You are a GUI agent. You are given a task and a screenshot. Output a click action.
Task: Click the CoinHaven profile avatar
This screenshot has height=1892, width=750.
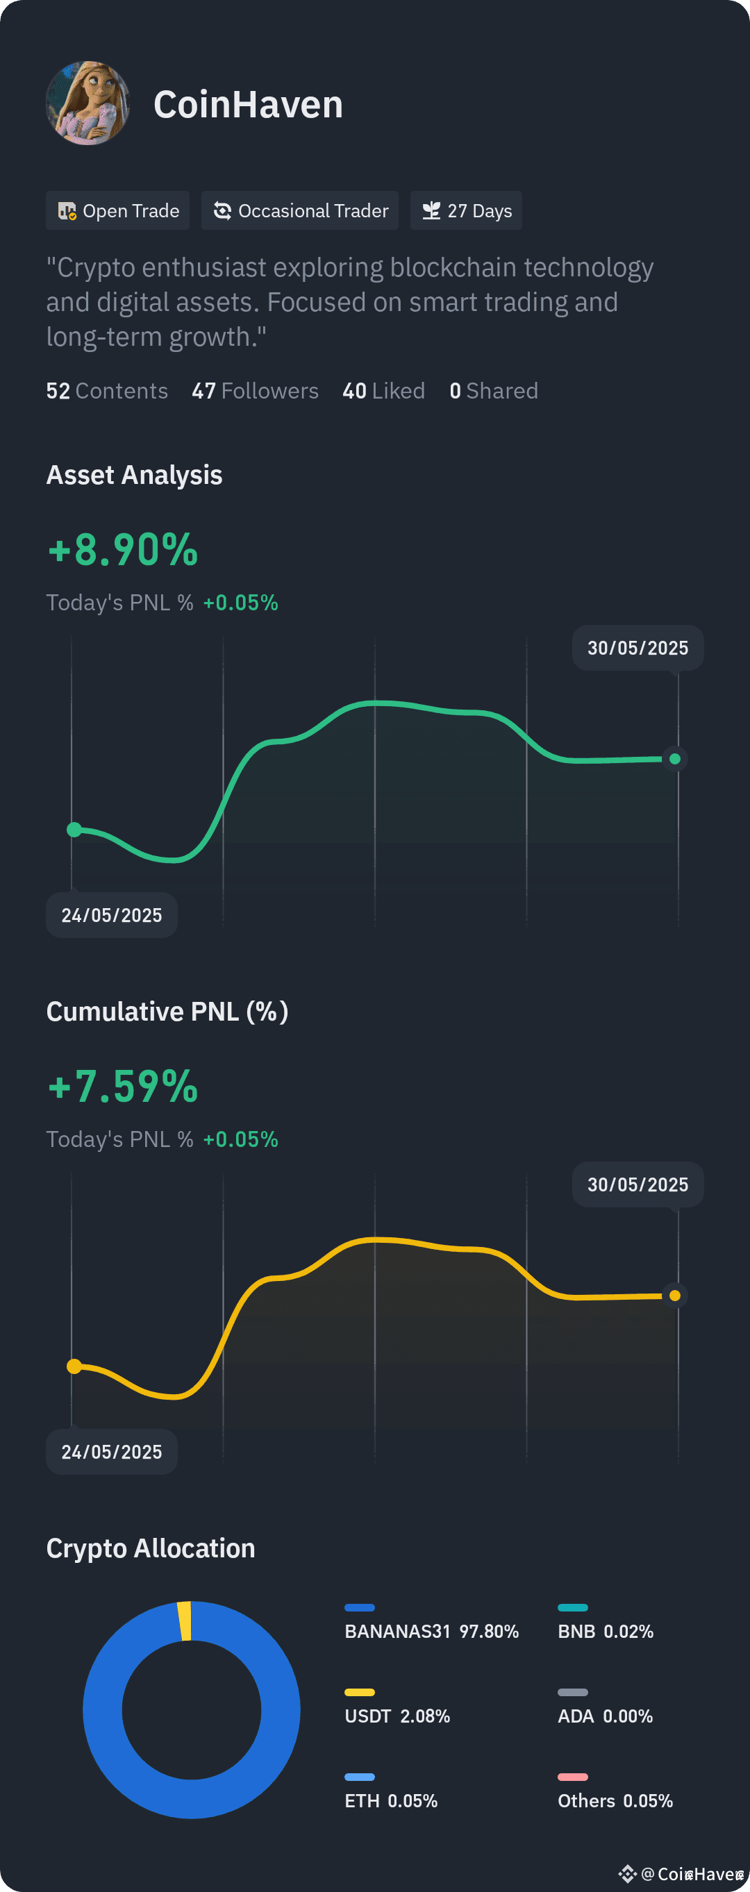(88, 103)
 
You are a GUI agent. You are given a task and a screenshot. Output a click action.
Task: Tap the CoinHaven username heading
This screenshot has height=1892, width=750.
(249, 104)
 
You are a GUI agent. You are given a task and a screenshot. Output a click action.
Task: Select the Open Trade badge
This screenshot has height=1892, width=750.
(117, 211)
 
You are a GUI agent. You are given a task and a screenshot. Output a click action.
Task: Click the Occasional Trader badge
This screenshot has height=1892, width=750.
(300, 211)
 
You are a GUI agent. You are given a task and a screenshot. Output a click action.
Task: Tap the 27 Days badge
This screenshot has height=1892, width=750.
(467, 211)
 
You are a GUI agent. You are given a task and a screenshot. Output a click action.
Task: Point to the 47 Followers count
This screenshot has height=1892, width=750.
(255, 391)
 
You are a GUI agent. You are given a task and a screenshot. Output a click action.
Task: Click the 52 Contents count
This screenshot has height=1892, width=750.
(107, 391)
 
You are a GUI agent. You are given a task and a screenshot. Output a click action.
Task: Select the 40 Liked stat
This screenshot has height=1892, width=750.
(383, 391)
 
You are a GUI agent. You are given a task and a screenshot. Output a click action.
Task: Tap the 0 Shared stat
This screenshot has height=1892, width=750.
(494, 391)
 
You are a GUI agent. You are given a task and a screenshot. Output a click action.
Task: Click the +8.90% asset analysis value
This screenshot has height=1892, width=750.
(123, 549)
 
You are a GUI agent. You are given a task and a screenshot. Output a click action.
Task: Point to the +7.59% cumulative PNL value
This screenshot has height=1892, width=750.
(123, 1087)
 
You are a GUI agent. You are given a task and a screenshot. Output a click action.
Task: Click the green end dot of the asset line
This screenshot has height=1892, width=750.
(675, 759)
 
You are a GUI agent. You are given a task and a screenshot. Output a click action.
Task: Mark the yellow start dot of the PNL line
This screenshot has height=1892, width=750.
(74, 1366)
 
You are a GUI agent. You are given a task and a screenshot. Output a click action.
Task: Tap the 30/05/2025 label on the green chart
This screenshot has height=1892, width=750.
(637, 648)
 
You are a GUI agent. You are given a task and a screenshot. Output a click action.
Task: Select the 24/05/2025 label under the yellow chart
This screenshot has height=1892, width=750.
(112, 1451)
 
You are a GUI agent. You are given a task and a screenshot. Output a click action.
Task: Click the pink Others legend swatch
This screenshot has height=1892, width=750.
(573, 1777)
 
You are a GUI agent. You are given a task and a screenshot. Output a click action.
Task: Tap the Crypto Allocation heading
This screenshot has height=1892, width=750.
(151, 1548)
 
